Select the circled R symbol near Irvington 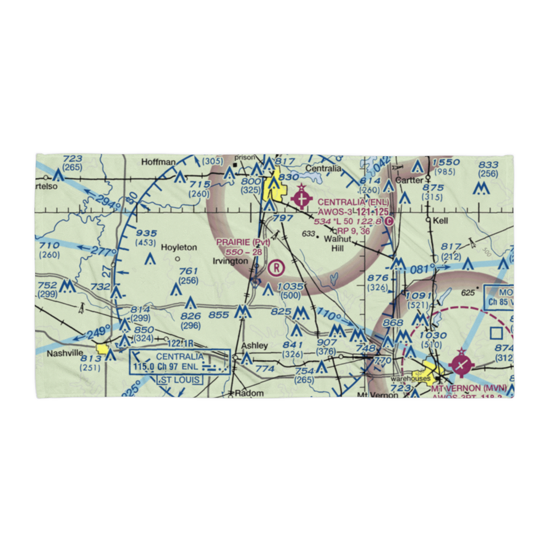pyautogui.click(x=277, y=268)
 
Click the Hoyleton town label pyautogui.click(x=179, y=248)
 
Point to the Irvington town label pyautogui.click(x=230, y=261)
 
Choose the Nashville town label pyautogui.click(x=64, y=353)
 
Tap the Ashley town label pyautogui.click(x=255, y=345)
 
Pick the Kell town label pyautogui.click(x=441, y=220)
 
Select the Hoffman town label pyautogui.click(x=158, y=162)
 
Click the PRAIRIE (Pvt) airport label pyautogui.click(x=243, y=243)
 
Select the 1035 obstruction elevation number pyautogui.click(x=291, y=286)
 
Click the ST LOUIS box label pyautogui.click(x=180, y=380)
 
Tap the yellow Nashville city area pyautogui.click(x=102, y=349)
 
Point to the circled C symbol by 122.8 pyautogui.click(x=389, y=221)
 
